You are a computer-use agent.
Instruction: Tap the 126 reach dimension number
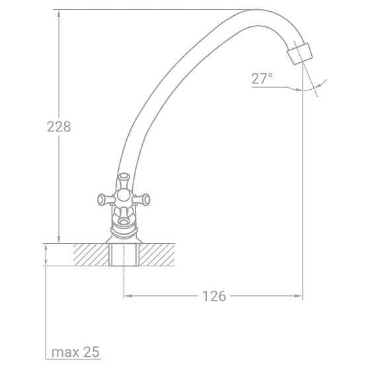point(213,296)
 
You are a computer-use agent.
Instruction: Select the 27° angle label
point(262,79)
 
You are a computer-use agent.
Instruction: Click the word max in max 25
point(66,351)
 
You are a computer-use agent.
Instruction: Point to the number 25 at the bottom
point(91,351)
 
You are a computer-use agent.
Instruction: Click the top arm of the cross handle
point(123,178)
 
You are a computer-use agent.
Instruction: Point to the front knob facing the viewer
point(123,214)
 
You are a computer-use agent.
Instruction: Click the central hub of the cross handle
point(123,197)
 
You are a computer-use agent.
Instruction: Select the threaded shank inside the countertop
point(124,254)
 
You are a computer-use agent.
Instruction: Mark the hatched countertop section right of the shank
point(157,254)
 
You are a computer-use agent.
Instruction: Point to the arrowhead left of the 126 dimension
point(128,296)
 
